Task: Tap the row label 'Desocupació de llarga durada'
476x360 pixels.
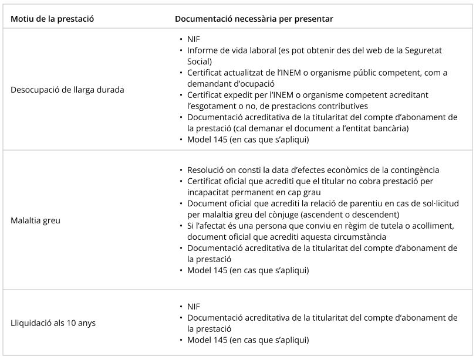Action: pos(67,90)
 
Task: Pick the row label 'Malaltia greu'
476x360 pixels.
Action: pos(35,221)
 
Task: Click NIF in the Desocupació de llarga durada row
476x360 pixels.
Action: pos(194,39)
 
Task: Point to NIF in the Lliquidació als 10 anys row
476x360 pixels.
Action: pos(194,307)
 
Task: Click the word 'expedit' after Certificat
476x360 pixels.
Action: pos(240,95)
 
